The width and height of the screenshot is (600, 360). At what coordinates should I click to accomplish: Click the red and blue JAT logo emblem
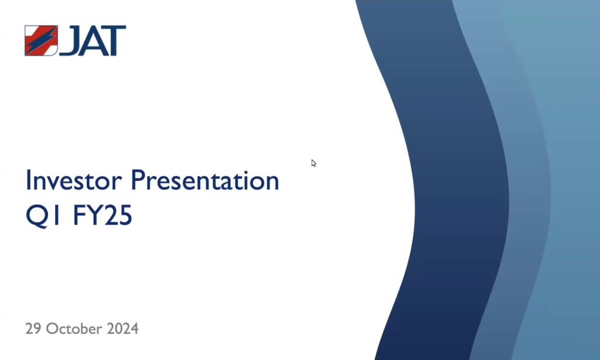(41, 40)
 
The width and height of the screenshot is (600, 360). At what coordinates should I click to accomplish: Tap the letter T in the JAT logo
(112, 40)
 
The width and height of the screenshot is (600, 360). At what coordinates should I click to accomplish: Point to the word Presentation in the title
(204, 180)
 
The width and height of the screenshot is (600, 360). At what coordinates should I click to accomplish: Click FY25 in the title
(102, 215)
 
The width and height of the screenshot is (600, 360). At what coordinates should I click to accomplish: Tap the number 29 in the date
(33, 328)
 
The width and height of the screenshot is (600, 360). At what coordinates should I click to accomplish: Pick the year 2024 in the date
(122, 328)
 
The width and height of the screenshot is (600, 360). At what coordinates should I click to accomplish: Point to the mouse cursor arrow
(314, 163)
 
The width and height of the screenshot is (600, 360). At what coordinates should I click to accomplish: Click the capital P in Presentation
(138, 180)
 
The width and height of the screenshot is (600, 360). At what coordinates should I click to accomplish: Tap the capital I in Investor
(28, 180)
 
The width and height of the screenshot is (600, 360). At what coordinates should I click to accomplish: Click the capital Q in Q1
(37, 216)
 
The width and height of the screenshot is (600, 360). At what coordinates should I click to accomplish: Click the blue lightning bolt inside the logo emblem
(41, 40)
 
